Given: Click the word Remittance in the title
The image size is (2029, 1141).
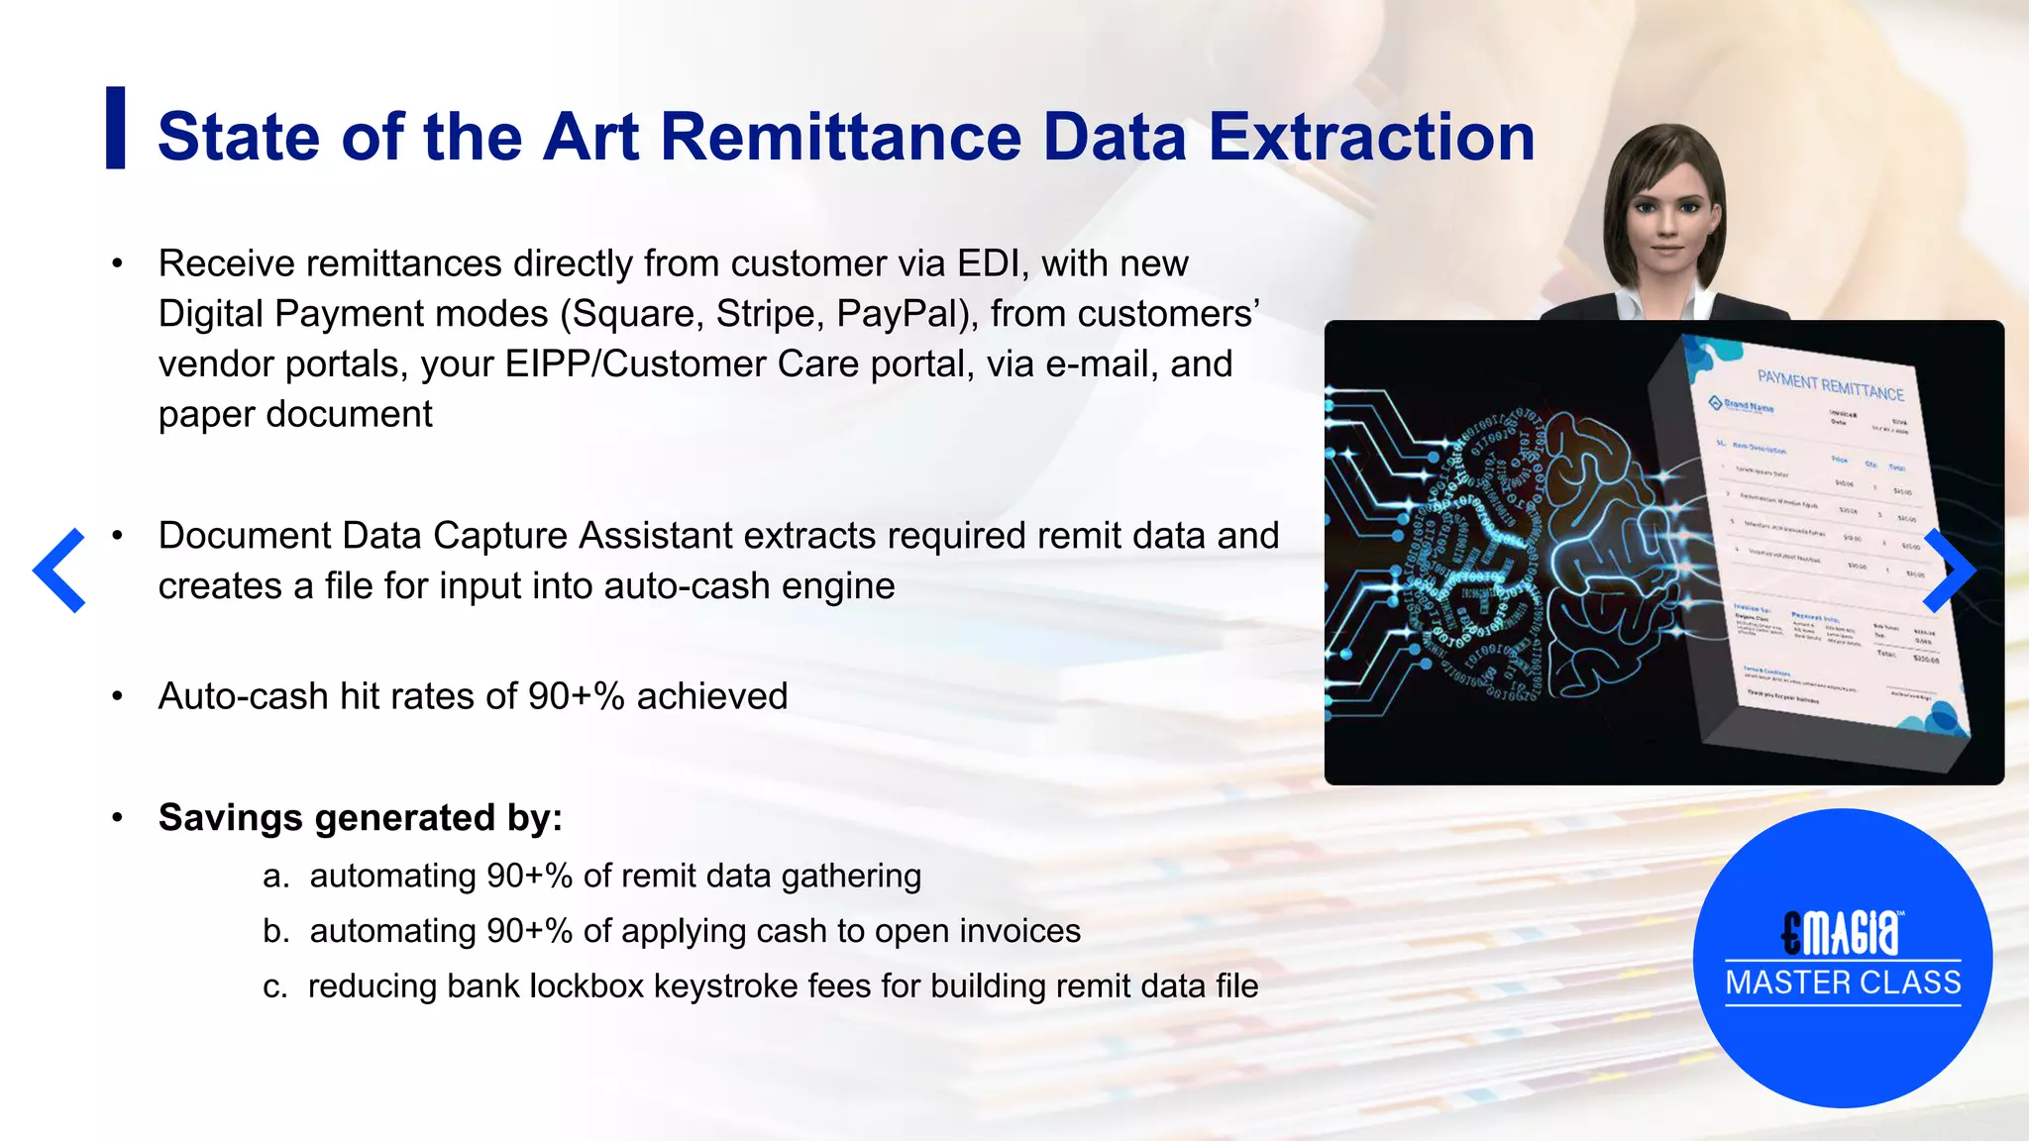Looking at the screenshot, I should [x=840, y=137].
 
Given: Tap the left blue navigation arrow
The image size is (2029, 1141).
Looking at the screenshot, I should [x=58, y=570].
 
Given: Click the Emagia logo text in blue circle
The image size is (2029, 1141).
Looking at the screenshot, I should [x=1842, y=932].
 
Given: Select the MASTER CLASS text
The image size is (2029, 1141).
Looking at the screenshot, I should [x=1843, y=983].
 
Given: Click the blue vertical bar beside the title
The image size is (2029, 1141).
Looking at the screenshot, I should [x=116, y=128].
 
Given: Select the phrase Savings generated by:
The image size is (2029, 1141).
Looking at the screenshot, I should [x=361, y=818].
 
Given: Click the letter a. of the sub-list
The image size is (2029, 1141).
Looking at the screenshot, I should [x=275, y=877].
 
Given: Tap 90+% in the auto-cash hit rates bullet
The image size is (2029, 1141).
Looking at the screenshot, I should [x=576, y=696].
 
